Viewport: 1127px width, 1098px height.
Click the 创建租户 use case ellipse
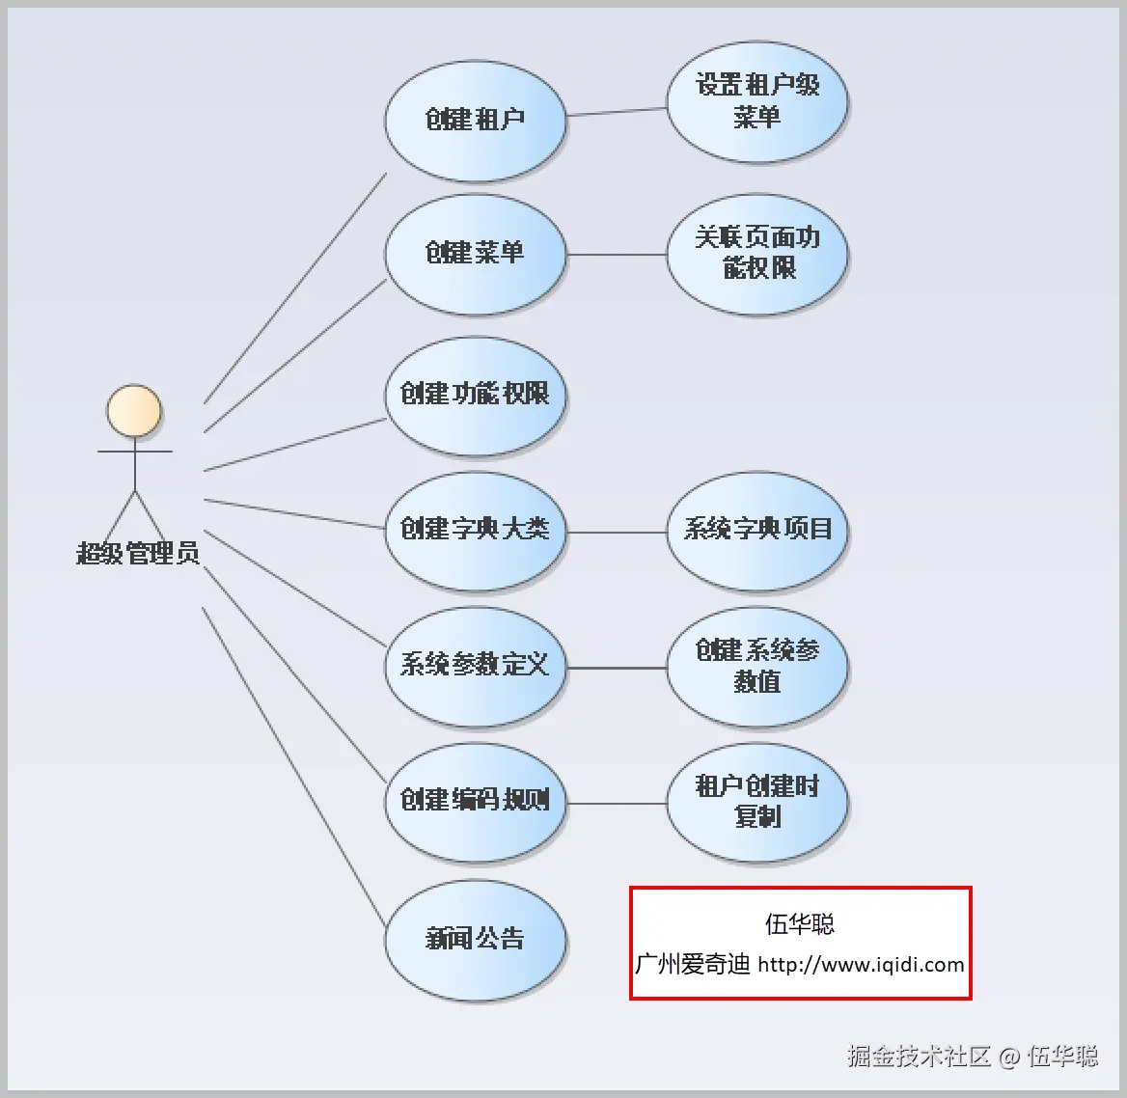[x=475, y=121]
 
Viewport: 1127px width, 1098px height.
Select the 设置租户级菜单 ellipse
[x=757, y=102]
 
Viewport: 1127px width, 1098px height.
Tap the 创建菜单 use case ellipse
[x=475, y=254]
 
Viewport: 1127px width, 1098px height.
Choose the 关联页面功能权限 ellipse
[x=757, y=254]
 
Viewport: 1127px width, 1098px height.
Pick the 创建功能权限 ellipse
[x=475, y=396]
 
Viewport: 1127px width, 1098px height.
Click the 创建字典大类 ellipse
[x=475, y=532]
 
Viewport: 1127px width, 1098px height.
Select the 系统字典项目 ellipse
[x=757, y=532]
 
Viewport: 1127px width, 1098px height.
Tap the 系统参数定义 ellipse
[x=475, y=668]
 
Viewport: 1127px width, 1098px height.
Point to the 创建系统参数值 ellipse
[x=757, y=668]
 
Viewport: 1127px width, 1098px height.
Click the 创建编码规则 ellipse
[x=475, y=803]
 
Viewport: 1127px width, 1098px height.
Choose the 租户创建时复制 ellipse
[x=757, y=803]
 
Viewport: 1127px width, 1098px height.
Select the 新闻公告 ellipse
[x=475, y=941]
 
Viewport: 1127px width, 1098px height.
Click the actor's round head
[x=134, y=411]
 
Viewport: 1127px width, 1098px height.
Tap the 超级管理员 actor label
[x=138, y=553]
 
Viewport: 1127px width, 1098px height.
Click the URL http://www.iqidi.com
[x=861, y=964]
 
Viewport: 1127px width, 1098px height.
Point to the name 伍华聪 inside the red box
[x=800, y=924]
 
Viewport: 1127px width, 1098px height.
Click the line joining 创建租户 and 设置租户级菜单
[x=617, y=111]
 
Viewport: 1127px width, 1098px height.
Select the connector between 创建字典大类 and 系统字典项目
[x=617, y=533]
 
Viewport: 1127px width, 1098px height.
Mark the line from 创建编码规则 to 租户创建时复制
[x=617, y=804]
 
